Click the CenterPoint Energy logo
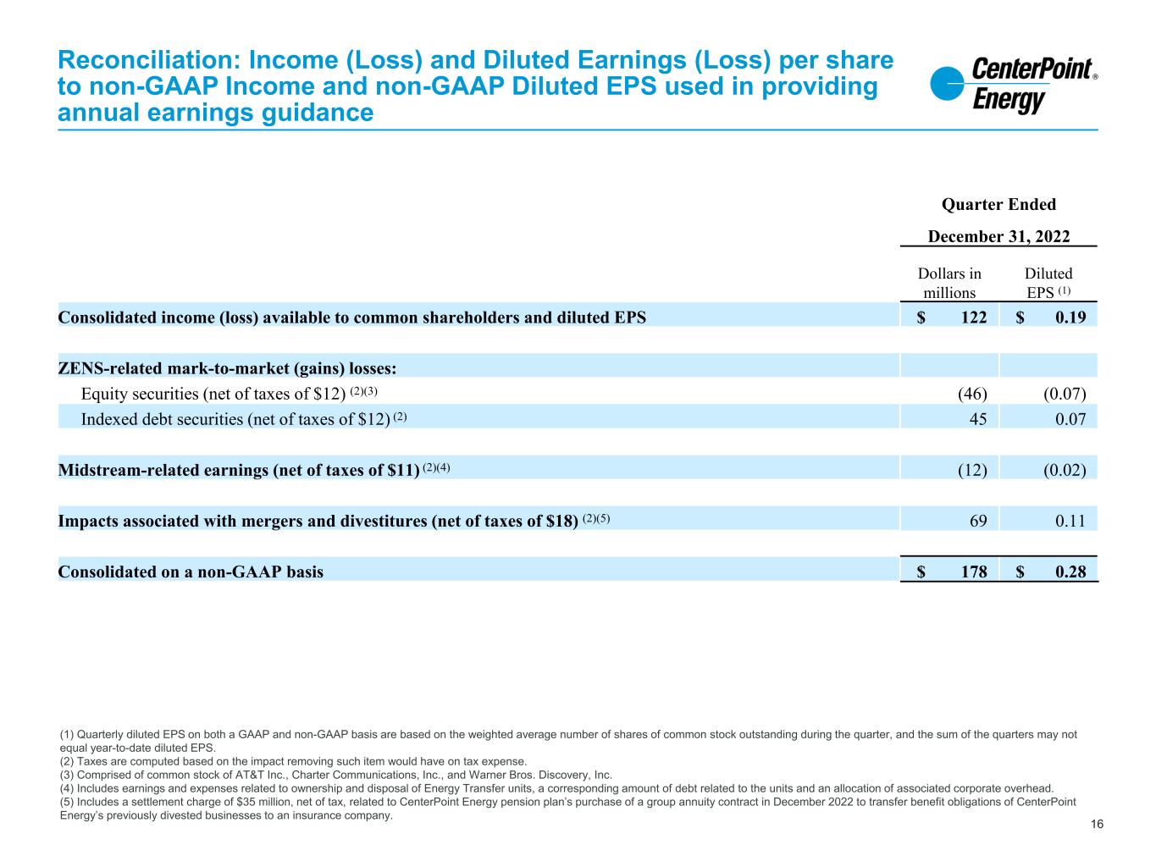coord(1013,86)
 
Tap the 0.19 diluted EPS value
coord(1070,318)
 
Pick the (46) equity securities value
coord(971,393)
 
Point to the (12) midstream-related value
coord(971,469)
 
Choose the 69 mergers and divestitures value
coord(977,520)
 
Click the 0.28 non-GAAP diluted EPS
coord(1070,572)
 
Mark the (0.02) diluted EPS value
coord(1065,469)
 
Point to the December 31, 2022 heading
coord(998,236)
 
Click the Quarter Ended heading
coord(998,204)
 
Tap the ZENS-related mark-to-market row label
coord(227,368)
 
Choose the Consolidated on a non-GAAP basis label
coord(191,572)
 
